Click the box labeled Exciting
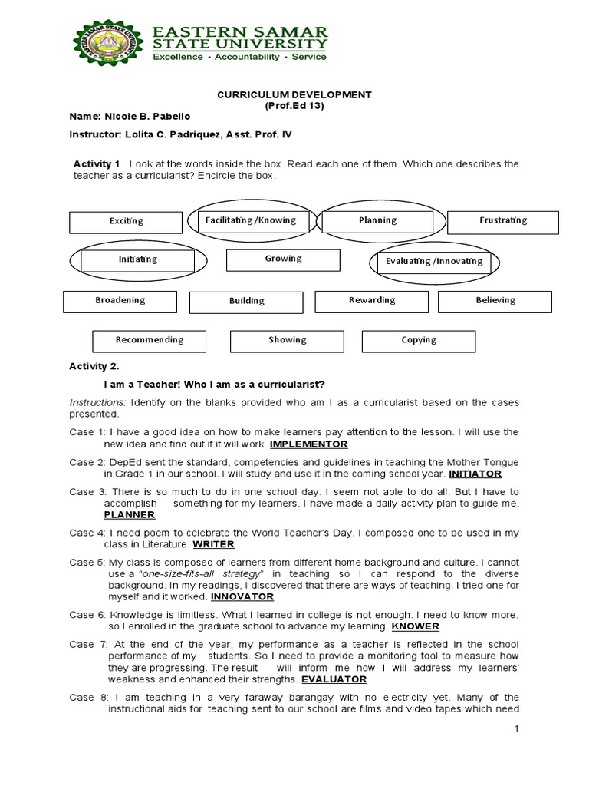click(126, 221)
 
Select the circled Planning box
click(377, 220)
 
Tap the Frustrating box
click(503, 221)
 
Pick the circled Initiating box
click(138, 259)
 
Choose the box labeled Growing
click(283, 259)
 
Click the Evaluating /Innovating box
click(434, 262)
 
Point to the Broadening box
click(120, 301)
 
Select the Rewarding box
click(372, 301)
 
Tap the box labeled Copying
click(419, 340)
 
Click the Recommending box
click(150, 340)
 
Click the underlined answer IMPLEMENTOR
click(309, 444)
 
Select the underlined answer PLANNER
click(130, 515)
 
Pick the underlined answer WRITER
click(213, 544)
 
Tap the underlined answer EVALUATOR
click(334, 679)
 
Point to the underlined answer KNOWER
click(415, 626)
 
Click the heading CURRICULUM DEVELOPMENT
click(294, 94)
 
